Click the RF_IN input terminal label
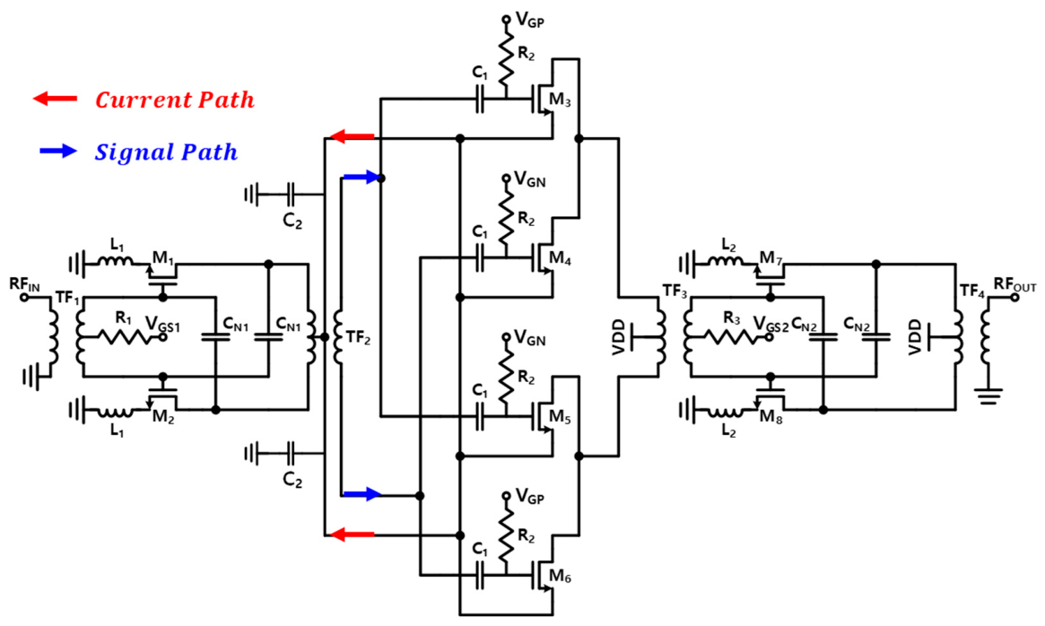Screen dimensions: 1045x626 24,285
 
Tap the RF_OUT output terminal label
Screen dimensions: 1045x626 1015,284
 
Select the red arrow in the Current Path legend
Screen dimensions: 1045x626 55,100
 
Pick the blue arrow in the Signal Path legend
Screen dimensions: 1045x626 58,151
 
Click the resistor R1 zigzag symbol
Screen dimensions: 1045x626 123,337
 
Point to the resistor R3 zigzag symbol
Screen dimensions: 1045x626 731,337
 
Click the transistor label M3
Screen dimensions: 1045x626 560,100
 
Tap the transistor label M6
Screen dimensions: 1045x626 560,578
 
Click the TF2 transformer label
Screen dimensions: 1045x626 358,338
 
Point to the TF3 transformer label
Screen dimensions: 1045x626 675,291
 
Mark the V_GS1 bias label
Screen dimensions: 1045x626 162,326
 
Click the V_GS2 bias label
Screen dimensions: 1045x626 771,325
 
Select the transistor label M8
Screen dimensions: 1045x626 771,417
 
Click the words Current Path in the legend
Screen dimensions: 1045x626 175,100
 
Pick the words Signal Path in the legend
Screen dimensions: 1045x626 167,152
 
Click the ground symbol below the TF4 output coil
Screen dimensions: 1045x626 989,396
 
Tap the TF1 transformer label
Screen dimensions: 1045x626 67,298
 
